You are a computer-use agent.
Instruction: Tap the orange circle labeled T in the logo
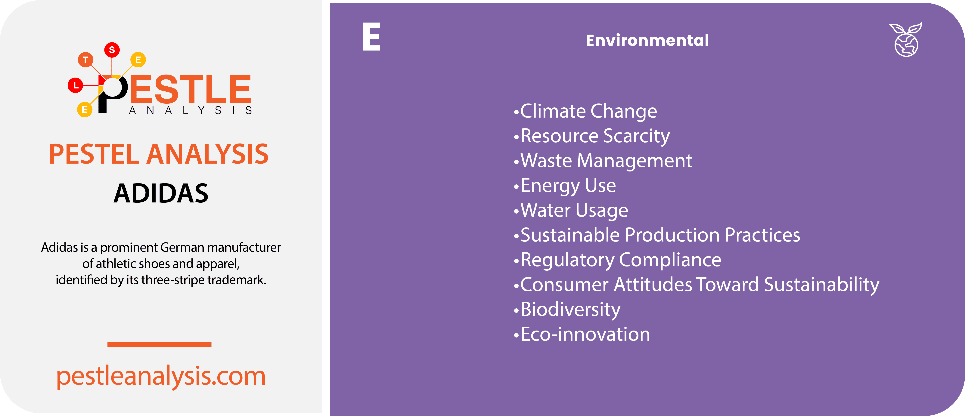click(x=85, y=60)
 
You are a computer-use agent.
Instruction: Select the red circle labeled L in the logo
click(x=76, y=85)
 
